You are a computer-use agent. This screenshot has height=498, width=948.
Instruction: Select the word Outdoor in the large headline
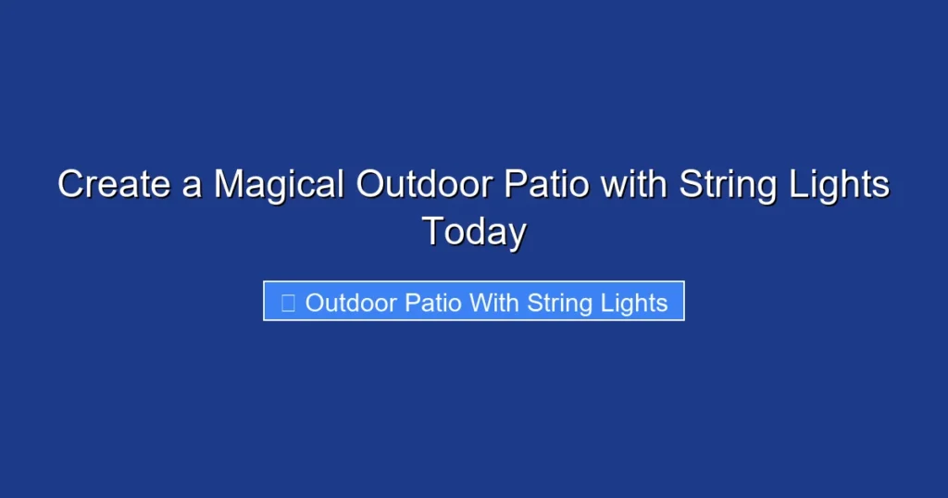coord(425,184)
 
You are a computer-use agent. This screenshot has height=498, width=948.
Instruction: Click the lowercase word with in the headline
coord(634,184)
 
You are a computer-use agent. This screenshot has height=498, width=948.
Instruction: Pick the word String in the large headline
coord(727,184)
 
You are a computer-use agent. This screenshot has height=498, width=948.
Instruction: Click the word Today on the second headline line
coord(474,230)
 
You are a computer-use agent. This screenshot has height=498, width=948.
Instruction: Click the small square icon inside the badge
coord(287,303)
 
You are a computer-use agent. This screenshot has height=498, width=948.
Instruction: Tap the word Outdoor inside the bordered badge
coord(352,303)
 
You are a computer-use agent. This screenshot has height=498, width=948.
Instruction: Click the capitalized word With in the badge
coord(495,303)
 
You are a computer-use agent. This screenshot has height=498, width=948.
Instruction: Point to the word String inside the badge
coord(558,303)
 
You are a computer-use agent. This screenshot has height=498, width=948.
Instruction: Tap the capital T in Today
coord(433,230)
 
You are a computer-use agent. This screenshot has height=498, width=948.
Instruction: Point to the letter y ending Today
coord(518,233)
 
